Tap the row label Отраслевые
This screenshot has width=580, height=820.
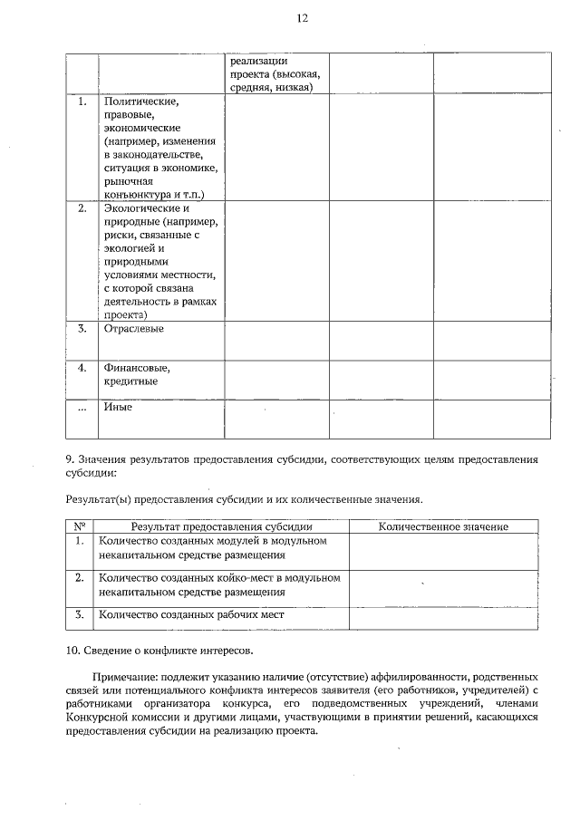(133, 328)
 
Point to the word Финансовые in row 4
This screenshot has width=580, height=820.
(137, 368)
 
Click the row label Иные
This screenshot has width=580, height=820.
(118, 407)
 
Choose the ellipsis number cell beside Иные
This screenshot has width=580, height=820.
(82, 408)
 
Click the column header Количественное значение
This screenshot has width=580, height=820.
(443, 526)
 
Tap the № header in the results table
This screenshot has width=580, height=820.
(80, 526)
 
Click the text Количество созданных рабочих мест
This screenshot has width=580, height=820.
(191, 614)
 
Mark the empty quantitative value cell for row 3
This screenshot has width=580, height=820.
(443, 616)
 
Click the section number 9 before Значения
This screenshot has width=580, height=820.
(70, 458)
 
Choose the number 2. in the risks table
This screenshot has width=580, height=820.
(82, 208)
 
